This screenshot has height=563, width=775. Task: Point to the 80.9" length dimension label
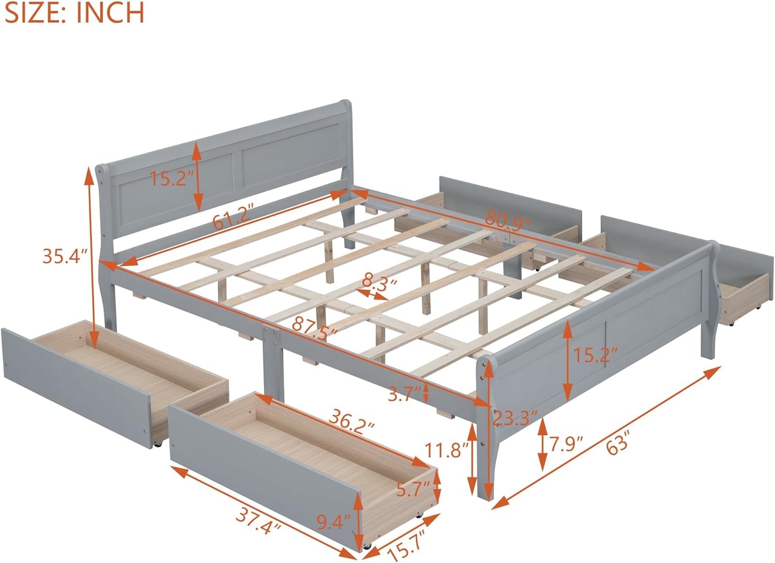(x=507, y=220)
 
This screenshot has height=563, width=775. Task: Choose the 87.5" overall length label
(x=315, y=326)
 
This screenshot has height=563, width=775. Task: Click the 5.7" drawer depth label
(x=413, y=489)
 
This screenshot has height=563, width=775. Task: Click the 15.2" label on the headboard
(x=172, y=178)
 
